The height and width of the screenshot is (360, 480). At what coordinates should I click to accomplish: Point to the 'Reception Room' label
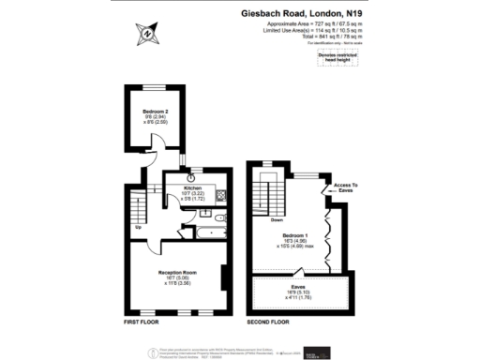click(176, 273)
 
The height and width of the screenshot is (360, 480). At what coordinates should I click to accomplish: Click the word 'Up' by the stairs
click(139, 226)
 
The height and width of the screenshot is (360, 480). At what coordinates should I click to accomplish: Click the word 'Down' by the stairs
click(277, 220)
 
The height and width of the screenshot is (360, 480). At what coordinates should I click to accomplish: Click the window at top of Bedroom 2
click(144, 89)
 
